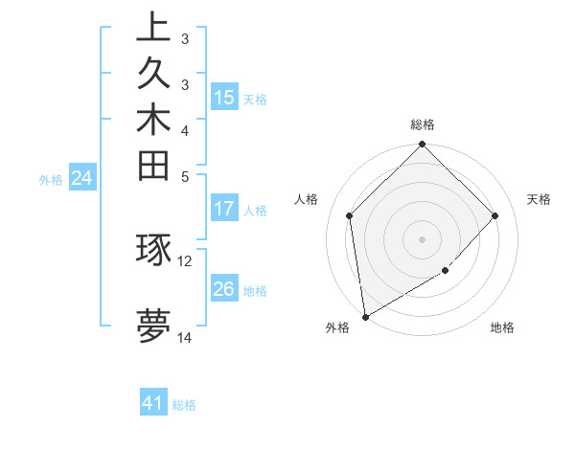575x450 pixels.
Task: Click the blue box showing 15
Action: coord(224,98)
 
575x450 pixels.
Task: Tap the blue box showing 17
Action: coord(224,209)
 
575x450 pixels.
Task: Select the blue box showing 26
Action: coord(224,289)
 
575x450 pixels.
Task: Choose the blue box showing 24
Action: coord(82,177)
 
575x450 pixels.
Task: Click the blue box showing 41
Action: coord(153,403)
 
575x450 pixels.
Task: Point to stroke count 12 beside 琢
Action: coord(185,259)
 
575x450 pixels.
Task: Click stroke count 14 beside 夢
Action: coord(185,337)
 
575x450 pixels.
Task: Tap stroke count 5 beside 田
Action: coord(184,176)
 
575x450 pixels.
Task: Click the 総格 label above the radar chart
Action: coord(423,124)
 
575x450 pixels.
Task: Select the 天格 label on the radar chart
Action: coord(539,199)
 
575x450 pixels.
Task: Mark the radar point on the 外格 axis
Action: coord(365,316)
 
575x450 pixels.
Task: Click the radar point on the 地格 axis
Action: coord(446,271)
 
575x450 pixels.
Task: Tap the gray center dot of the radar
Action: coord(423,238)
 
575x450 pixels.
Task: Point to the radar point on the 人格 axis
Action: coord(350,215)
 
